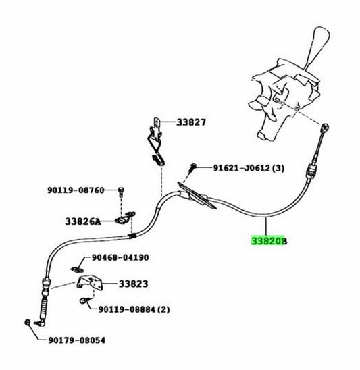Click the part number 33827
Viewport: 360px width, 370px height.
click(x=191, y=122)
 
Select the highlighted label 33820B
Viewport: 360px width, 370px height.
click(x=269, y=241)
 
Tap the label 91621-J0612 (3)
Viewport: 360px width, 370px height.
click(x=249, y=168)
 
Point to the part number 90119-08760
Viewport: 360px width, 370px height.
click(x=76, y=190)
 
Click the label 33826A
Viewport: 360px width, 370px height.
click(x=83, y=221)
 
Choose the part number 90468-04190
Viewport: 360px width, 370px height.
click(x=120, y=257)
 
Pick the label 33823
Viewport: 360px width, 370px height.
click(x=133, y=284)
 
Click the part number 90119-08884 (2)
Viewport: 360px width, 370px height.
click(x=134, y=309)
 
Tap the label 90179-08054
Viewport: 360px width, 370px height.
click(x=77, y=340)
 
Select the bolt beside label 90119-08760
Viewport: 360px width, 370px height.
click(x=121, y=192)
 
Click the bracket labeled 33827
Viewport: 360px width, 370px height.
click(x=156, y=141)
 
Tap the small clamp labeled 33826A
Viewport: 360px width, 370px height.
click(x=125, y=218)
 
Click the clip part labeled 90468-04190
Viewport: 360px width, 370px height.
click(x=78, y=269)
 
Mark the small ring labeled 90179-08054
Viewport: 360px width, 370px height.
click(x=28, y=322)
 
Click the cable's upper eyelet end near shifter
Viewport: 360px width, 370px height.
click(x=326, y=128)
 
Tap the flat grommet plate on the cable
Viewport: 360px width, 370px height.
click(x=197, y=195)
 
